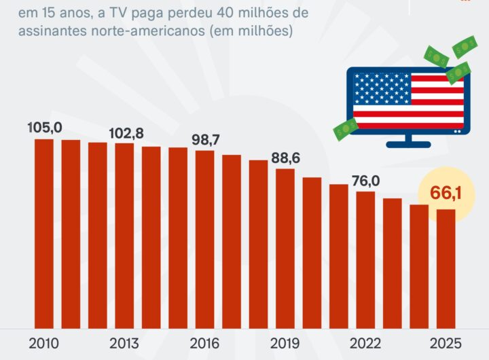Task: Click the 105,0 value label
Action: [x=45, y=128]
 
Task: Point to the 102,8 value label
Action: [x=126, y=133]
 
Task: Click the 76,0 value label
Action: [x=365, y=181]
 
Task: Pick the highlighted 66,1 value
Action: [x=446, y=194]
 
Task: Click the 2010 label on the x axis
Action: [x=44, y=342]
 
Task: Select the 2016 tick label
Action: [x=205, y=342]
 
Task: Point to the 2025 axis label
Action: [x=446, y=342]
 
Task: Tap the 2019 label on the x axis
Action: [x=285, y=342]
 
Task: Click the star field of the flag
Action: [x=382, y=90]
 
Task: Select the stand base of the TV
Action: [x=407, y=144]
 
